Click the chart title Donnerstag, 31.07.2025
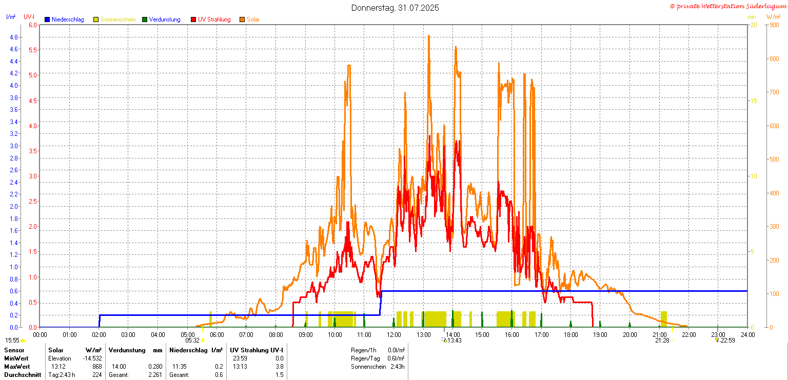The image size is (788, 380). pos(395,8)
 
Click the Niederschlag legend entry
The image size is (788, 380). pos(64,19)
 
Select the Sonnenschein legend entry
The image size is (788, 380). pos(114,19)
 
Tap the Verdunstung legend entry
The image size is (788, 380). pos(161,19)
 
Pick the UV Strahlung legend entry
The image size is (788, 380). pos(211,19)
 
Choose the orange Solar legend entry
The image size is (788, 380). pos(249,19)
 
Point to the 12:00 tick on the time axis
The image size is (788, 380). pos(393,335)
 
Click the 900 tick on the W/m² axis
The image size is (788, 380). pos(774,25)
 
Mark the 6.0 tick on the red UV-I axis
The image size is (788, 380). pos(33,25)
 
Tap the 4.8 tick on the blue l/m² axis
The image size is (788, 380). pos(14,37)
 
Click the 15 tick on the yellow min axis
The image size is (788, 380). pos(754,101)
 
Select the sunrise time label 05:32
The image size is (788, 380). pos(192,341)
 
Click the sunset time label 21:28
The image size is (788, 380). pos(662,341)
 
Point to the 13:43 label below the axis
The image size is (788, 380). pos(454,341)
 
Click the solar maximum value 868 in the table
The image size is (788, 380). pos(97,366)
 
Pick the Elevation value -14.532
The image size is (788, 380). pos(92,358)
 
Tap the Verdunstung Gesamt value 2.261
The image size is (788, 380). pos(155,375)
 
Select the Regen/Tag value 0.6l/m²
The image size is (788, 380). pos(396,358)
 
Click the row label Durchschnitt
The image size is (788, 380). pos(23,375)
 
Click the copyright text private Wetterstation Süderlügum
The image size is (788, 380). pos(728,6)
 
